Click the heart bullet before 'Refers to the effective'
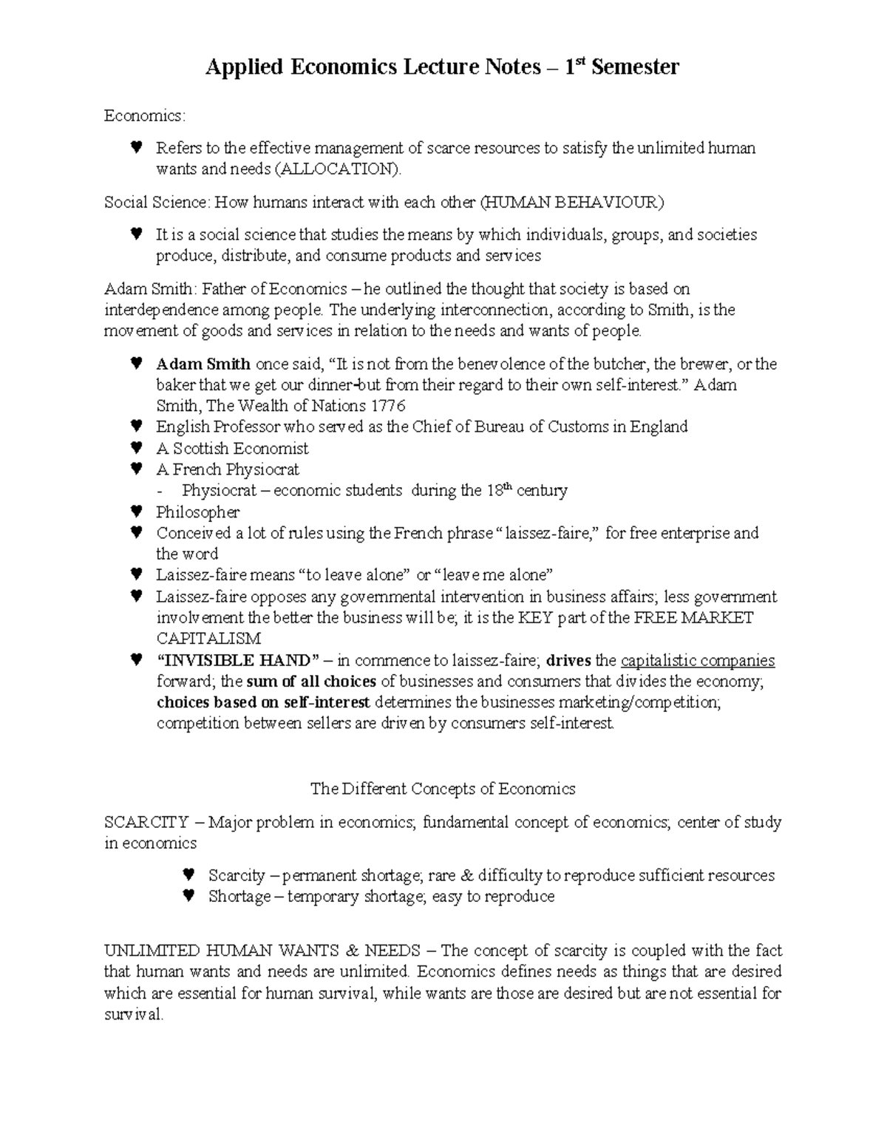tap(135, 147)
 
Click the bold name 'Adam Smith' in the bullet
tap(203, 364)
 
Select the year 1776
tap(388, 406)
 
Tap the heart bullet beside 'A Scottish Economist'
tap(135, 448)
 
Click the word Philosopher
tap(197, 512)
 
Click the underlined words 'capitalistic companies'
tap(698, 660)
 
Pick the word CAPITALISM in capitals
tap(208, 639)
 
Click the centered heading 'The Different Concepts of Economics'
tap(443, 789)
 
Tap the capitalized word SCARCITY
tap(146, 822)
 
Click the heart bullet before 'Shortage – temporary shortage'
tap(188, 896)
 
